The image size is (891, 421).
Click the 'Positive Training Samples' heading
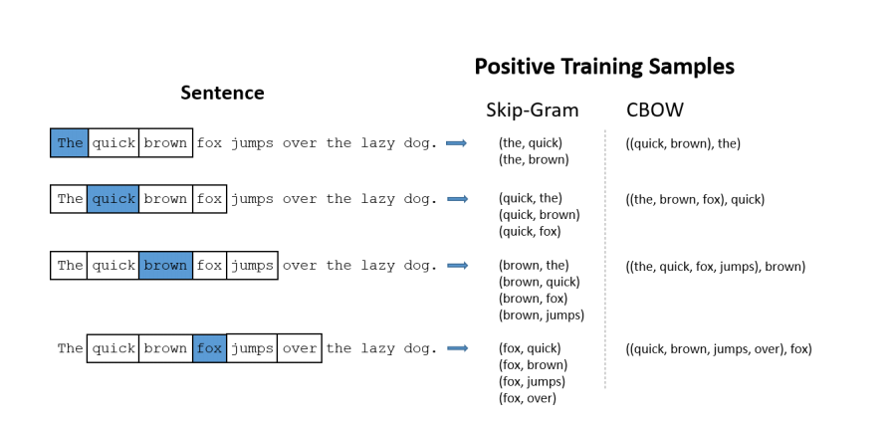pyautogui.click(x=604, y=67)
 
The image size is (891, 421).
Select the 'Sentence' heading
pyautogui.click(x=222, y=93)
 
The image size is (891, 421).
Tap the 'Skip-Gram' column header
pyautogui.click(x=532, y=109)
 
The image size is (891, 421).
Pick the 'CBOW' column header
pyautogui.click(x=655, y=109)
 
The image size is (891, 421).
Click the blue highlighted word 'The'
pyautogui.click(x=70, y=142)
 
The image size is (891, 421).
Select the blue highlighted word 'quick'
pyautogui.click(x=113, y=199)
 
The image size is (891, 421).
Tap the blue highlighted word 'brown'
pyautogui.click(x=165, y=266)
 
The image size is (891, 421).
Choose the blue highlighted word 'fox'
pyautogui.click(x=209, y=348)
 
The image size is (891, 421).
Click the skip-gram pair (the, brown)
pyautogui.click(x=534, y=159)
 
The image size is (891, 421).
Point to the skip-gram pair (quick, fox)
pyautogui.click(x=530, y=232)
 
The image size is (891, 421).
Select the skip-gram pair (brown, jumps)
pyautogui.click(x=541, y=316)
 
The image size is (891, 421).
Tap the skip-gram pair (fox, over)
pyautogui.click(x=527, y=398)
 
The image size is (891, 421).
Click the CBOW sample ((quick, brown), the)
pyautogui.click(x=683, y=143)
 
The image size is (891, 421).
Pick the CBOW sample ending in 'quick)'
pyautogui.click(x=695, y=199)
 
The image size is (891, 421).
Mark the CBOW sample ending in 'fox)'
pyautogui.click(x=719, y=349)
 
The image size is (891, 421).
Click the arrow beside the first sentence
pyautogui.click(x=456, y=143)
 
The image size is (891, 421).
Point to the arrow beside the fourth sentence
pyautogui.click(x=457, y=348)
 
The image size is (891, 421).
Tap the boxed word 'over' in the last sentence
pyautogui.click(x=300, y=348)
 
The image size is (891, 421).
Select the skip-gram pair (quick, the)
pyautogui.click(x=531, y=198)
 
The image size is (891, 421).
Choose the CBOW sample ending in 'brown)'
pyautogui.click(x=716, y=267)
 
